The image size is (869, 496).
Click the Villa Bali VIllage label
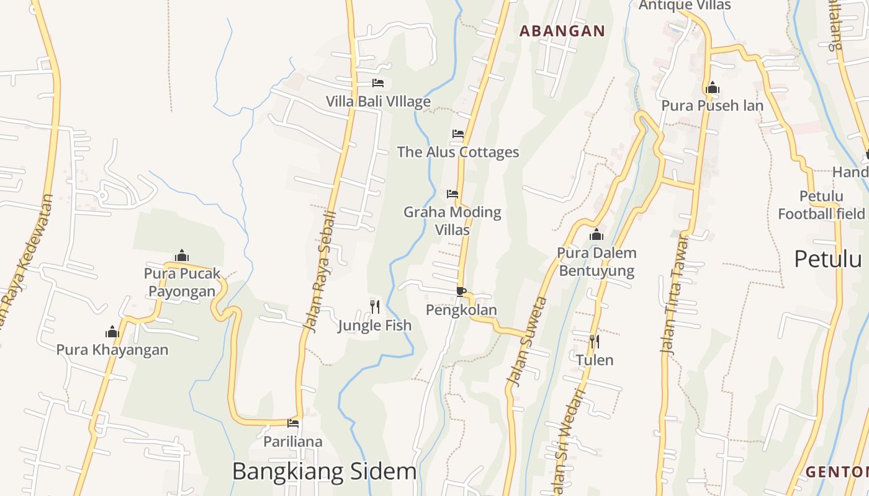click(x=378, y=101)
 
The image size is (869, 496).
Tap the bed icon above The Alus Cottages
click(x=458, y=134)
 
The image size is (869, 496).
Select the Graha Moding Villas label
click(x=452, y=221)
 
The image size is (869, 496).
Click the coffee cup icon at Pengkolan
click(x=461, y=291)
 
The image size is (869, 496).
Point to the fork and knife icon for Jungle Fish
click(x=375, y=306)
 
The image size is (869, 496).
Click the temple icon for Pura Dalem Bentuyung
click(x=597, y=234)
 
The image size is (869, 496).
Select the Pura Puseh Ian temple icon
click(x=713, y=87)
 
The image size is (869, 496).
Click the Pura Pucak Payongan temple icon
click(x=182, y=255)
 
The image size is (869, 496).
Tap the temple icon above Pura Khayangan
click(x=112, y=332)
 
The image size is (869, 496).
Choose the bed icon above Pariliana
click(x=293, y=423)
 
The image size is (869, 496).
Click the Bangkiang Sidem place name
click(x=324, y=472)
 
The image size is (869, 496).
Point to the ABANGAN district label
click(x=562, y=31)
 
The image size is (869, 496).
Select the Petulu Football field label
click(x=821, y=205)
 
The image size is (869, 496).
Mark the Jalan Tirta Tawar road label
click(x=675, y=294)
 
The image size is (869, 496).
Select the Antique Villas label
click(x=685, y=6)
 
